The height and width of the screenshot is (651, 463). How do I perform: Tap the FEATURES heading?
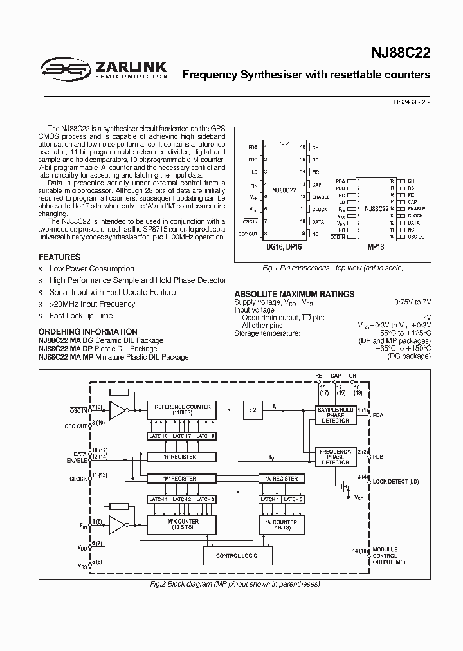pos(60,257)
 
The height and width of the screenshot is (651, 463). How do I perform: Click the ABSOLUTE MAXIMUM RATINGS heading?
pos(294,294)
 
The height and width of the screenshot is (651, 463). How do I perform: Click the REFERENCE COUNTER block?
pos(181,410)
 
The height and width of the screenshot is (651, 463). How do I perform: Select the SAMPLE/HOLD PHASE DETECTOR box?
pos(335,415)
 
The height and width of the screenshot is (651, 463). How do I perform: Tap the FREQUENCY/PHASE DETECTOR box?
pos(335,457)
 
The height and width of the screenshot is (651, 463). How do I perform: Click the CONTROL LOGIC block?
pos(237,555)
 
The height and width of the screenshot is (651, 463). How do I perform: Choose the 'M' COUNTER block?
pos(181,525)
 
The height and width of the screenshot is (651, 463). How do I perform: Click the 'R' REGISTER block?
pos(181,457)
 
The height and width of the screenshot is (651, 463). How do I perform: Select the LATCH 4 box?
pos(269,499)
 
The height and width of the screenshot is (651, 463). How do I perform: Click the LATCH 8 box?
pos(204,436)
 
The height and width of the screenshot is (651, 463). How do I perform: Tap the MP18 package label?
pos(376,245)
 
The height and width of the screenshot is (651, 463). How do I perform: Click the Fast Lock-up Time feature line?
pos(81,316)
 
